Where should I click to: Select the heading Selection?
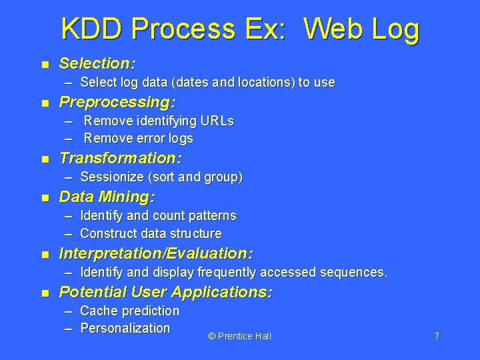(x=98, y=64)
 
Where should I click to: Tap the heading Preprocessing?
(x=117, y=103)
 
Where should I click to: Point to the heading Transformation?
(x=121, y=159)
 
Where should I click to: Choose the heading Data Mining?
(x=107, y=197)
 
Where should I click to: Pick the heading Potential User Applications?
(x=165, y=292)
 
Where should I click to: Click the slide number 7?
(x=437, y=336)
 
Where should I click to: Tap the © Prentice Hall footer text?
(x=239, y=336)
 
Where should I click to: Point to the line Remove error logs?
(x=138, y=139)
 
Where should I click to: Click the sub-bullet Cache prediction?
(x=129, y=311)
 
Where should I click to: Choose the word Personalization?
(x=125, y=328)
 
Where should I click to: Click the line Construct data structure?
(x=151, y=233)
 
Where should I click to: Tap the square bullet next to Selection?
(x=45, y=65)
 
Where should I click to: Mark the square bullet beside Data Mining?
(x=45, y=198)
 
